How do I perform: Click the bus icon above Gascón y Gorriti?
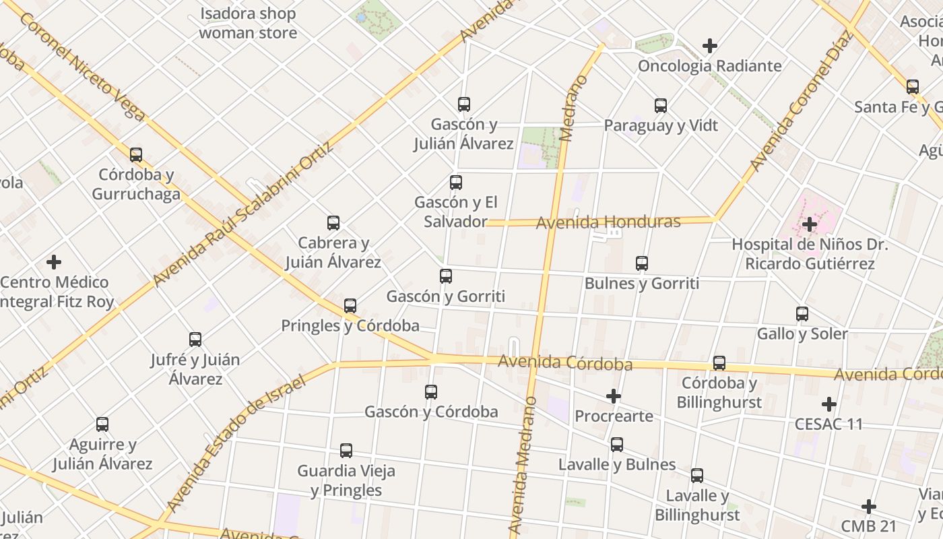tap(446, 276)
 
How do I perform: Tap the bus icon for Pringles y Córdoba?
tap(350, 306)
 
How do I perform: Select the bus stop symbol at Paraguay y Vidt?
tap(661, 106)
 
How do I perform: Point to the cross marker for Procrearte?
tap(614, 396)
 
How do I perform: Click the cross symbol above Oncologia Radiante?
tap(710, 46)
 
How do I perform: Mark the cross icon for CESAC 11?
tap(829, 404)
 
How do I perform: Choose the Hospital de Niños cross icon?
tap(810, 224)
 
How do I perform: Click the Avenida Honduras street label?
tap(608, 222)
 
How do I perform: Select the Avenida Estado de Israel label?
tap(236, 443)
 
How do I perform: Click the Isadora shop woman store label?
tap(248, 23)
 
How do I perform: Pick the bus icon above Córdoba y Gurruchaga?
tap(136, 155)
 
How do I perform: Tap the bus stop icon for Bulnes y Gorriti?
tap(642, 263)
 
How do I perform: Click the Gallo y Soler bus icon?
tap(802, 314)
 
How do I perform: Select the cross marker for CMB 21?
tap(869, 506)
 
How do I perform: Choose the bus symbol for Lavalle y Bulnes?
tap(617, 445)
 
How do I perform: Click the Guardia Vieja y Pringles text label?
tap(346, 480)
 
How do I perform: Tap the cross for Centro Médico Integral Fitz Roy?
tap(54, 262)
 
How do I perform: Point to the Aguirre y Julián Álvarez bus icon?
tap(102, 424)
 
